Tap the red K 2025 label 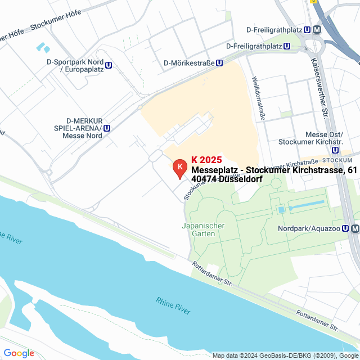coord(206,160)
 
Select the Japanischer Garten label coord(203,229)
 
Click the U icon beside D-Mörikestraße coord(219,64)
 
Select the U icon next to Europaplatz coord(108,65)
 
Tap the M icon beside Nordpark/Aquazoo coord(354,229)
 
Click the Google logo coord(19,353)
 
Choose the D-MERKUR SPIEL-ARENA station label coord(84,128)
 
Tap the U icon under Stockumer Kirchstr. coord(336,150)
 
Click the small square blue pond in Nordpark coord(281,210)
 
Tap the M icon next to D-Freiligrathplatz coord(317,29)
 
